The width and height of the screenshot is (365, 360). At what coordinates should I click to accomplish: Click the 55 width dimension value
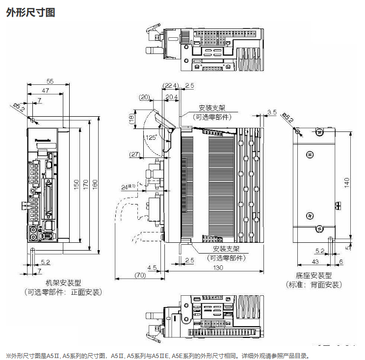pos(50,81)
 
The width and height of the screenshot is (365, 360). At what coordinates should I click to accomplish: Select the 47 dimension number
pos(46,90)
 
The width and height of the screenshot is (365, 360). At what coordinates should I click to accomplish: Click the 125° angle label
pos(151,138)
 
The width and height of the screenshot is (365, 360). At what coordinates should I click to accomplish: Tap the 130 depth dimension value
pos(218,267)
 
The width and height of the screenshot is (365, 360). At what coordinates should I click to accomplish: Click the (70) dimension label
pos(140,275)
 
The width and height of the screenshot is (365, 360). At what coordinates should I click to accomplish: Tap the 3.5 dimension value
pos(272,113)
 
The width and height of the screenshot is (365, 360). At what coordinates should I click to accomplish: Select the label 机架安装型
pos(63,283)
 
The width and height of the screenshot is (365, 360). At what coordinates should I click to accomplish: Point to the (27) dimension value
pos(133,154)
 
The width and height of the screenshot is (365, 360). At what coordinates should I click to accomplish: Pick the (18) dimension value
pos(131,118)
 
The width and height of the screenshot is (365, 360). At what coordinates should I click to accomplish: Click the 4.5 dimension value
pos(152,267)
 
